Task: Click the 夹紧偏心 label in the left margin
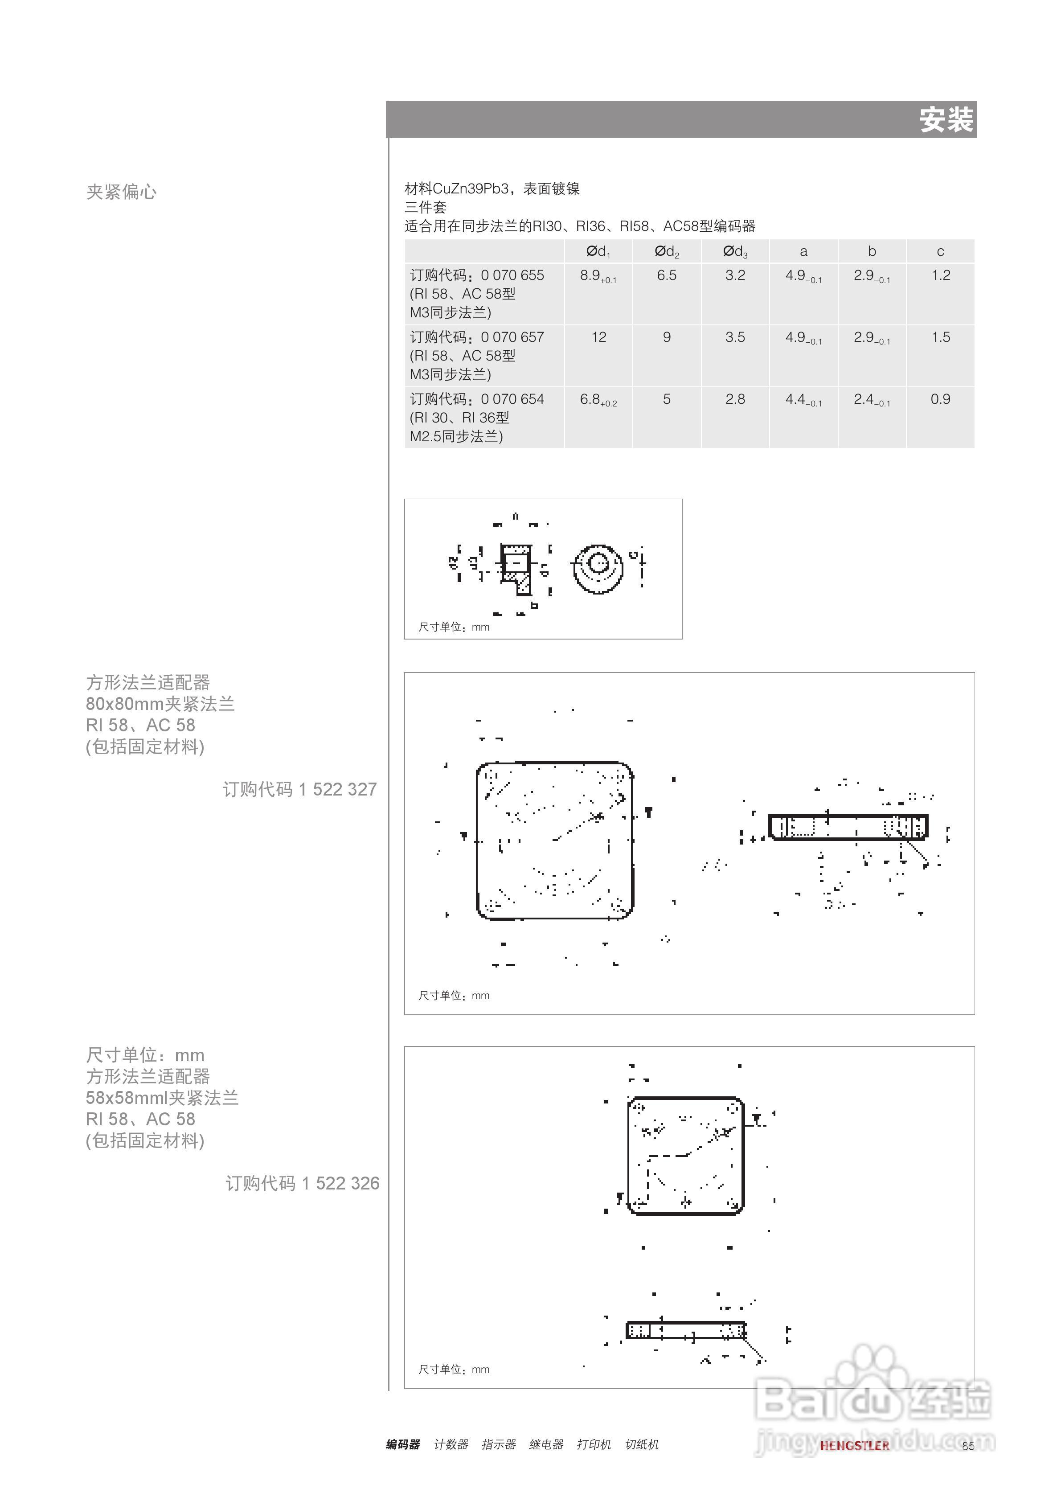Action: coord(122,192)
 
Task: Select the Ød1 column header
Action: coord(598,252)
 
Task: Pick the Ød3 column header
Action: coord(735,252)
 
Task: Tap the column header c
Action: coord(940,252)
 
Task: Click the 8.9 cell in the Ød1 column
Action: coord(598,276)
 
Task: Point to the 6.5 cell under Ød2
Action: coord(667,276)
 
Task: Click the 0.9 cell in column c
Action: coord(940,399)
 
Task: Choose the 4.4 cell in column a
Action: coord(803,399)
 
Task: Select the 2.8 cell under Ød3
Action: coord(735,399)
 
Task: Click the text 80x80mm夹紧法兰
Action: coord(160,704)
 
